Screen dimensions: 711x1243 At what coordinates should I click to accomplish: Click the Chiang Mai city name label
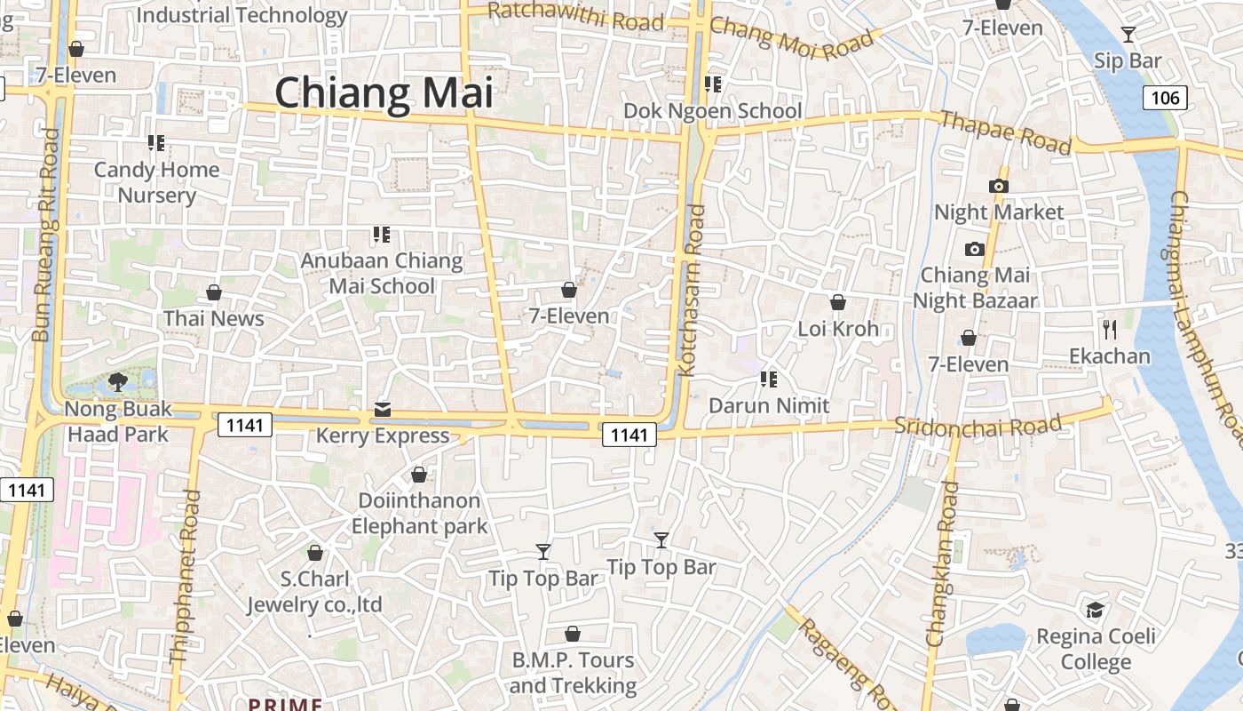click(x=383, y=93)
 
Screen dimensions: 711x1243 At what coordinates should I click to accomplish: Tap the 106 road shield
click(x=1165, y=97)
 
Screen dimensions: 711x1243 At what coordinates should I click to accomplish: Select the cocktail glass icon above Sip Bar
click(x=1128, y=35)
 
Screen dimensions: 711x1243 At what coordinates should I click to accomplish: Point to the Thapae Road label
click(x=1005, y=132)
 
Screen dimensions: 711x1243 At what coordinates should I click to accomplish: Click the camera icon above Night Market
click(x=999, y=186)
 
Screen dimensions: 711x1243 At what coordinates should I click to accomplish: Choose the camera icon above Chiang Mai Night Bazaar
click(x=975, y=249)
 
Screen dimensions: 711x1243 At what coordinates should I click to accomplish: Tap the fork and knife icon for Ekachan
click(x=1109, y=330)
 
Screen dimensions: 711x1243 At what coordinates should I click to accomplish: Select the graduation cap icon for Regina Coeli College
click(x=1096, y=611)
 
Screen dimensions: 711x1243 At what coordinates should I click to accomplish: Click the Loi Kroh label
click(x=838, y=329)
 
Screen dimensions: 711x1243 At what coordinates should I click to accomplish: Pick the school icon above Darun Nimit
click(x=768, y=379)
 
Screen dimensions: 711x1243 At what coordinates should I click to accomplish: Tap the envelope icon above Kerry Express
click(x=383, y=410)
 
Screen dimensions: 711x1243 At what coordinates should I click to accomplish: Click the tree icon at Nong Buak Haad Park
click(x=117, y=382)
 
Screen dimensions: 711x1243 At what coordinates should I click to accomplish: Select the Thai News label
click(x=214, y=318)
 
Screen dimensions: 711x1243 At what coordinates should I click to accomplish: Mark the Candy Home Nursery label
click(x=157, y=182)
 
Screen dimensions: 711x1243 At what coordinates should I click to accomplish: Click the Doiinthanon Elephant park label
click(x=419, y=514)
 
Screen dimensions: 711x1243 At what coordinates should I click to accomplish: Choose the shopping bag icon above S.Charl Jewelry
click(x=314, y=553)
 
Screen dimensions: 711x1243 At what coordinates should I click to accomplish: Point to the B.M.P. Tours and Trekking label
click(x=573, y=673)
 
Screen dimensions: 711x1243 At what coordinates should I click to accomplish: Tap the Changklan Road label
click(x=943, y=563)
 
